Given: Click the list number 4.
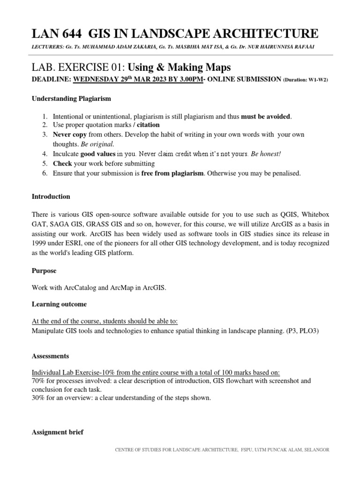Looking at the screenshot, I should pyautogui.click(x=45, y=154).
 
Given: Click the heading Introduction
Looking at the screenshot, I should pyautogui.click(x=51, y=196).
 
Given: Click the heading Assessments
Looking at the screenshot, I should pyautogui.click(x=50, y=356).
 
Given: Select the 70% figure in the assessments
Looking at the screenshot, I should pyautogui.click(x=38, y=381).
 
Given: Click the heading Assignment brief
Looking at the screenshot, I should pyautogui.click(x=57, y=432).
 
